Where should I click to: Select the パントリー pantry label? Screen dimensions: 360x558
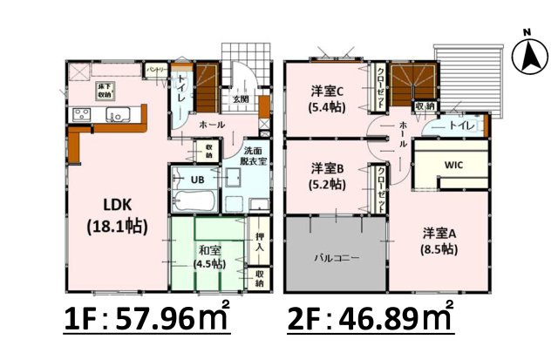pos(156,70)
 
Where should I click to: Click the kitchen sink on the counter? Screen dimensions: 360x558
pos(116,115)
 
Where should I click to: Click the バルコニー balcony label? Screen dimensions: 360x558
pos(337,258)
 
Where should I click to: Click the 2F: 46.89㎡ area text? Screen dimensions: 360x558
pos(371,317)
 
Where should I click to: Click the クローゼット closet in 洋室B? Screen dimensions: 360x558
pos(382,185)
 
